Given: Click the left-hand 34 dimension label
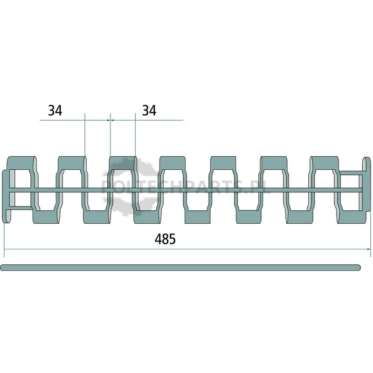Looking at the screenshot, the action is point(55,111).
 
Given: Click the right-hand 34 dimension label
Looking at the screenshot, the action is point(149,111).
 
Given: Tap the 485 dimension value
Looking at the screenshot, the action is point(165,239).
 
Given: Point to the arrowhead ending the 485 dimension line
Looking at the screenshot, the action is point(369,249).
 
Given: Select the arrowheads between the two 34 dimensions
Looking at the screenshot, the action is point(110,120).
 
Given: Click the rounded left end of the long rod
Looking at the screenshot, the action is point(2,268).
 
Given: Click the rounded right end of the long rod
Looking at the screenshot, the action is point(358,268).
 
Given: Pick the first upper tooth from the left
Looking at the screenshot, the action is point(21,163).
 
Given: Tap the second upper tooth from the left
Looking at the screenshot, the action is point(72,163).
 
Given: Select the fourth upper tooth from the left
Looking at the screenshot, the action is point(172,163).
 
